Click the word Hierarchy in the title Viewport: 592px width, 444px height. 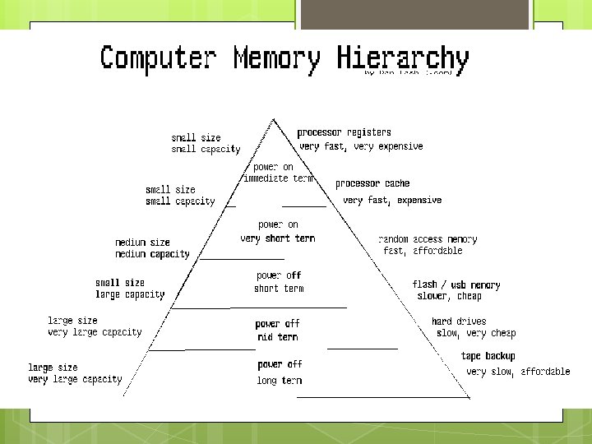[403, 59]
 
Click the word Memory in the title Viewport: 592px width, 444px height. [277, 59]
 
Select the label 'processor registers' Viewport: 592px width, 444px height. [344, 132]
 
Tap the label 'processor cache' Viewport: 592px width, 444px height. [372, 183]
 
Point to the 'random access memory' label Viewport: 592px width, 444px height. [427, 239]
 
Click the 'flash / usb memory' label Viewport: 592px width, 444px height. [456, 284]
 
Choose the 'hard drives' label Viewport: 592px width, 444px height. [459, 321]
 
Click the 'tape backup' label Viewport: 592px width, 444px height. [488, 356]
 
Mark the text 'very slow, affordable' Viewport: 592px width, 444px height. [518, 372]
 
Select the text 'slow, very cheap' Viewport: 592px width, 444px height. [476, 333]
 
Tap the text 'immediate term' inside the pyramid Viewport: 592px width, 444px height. [278, 178]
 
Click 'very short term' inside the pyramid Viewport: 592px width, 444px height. [277, 238]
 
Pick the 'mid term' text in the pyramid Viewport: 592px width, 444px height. [277, 337]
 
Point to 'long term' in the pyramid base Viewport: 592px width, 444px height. [279, 381]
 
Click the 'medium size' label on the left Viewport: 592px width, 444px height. [142, 243]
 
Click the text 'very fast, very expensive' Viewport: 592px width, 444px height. [361, 146]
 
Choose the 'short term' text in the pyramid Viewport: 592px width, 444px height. [278, 289]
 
